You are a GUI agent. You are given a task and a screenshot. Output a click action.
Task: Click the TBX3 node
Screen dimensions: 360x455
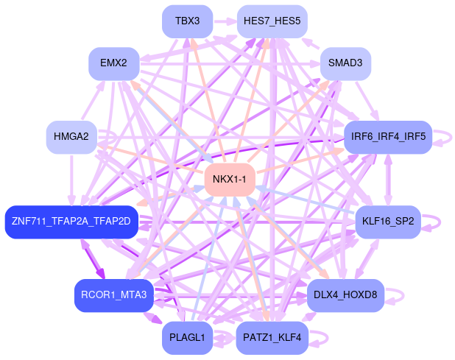click(187, 21)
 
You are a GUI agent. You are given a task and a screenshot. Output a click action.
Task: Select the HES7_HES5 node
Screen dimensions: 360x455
click(272, 21)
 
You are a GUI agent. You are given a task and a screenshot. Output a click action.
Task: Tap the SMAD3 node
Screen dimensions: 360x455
click(345, 63)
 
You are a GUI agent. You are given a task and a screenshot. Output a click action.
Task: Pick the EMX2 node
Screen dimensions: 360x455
click(113, 63)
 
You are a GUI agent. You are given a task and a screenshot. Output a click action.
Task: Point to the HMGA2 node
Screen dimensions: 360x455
click(71, 137)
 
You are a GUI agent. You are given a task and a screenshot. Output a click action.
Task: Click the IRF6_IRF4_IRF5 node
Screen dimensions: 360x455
click(388, 137)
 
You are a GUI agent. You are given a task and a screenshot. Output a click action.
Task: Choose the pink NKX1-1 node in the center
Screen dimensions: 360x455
click(229, 180)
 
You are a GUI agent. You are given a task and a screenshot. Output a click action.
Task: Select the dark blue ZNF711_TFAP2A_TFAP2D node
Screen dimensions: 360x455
click(71, 222)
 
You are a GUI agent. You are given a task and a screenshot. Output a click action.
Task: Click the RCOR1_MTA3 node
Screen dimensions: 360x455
click(113, 295)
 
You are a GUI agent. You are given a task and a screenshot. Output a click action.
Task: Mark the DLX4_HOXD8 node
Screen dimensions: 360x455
click(345, 295)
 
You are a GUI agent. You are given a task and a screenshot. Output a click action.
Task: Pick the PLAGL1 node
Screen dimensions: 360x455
click(187, 338)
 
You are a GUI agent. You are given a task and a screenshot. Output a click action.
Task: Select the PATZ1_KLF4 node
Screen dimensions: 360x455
click(272, 338)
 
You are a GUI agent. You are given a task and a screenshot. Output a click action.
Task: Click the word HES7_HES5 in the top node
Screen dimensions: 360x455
click(272, 21)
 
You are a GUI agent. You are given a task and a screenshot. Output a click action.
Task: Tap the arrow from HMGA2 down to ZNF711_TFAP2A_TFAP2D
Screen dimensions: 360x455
click(71, 180)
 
